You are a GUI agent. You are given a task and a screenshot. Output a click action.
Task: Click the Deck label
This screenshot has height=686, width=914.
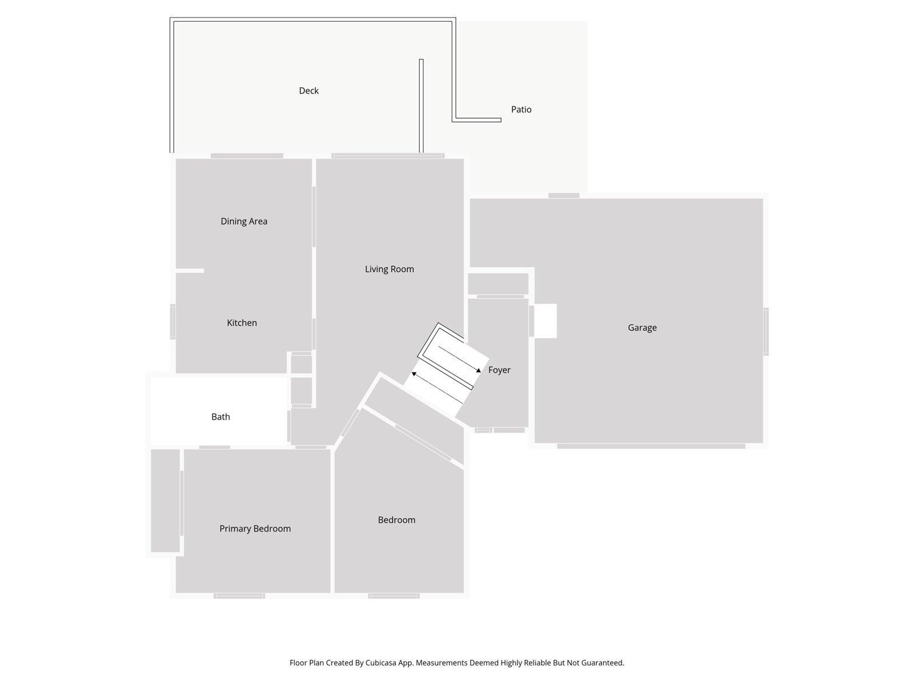(308, 91)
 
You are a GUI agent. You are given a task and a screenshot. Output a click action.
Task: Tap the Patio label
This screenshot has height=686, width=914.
(521, 110)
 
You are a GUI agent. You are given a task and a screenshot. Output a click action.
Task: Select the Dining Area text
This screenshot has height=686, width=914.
(244, 221)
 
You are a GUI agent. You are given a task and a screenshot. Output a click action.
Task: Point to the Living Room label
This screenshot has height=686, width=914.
(390, 269)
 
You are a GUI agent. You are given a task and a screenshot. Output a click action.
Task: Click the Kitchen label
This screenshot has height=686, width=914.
(242, 323)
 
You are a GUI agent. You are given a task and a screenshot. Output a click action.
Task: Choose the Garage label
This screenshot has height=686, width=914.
(642, 328)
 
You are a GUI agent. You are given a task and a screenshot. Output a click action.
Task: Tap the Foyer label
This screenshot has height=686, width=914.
(499, 370)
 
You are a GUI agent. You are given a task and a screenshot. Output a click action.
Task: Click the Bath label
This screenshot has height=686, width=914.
(221, 417)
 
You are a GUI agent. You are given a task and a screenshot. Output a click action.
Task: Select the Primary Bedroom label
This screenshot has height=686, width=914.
(255, 529)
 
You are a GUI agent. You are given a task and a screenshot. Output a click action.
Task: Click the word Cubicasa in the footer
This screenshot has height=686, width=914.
(380, 663)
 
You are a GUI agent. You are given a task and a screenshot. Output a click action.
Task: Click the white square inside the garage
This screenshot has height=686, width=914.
(546, 321)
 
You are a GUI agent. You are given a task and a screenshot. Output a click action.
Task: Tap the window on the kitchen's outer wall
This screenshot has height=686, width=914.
(173, 321)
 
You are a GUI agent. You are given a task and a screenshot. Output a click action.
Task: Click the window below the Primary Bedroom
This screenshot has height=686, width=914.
(239, 596)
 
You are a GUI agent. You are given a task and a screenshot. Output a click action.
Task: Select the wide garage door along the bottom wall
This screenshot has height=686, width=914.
(651, 446)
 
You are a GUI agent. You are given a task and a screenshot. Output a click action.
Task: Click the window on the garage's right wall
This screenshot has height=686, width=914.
(766, 332)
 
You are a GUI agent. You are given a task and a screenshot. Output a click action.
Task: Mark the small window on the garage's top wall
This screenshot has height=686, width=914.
(564, 196)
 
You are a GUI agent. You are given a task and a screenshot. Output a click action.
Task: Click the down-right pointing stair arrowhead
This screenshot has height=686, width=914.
(479, 370)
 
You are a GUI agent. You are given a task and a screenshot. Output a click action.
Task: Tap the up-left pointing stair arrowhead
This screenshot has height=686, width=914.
(414, 374)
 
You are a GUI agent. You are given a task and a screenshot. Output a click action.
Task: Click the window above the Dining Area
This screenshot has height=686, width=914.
(247, 155)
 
